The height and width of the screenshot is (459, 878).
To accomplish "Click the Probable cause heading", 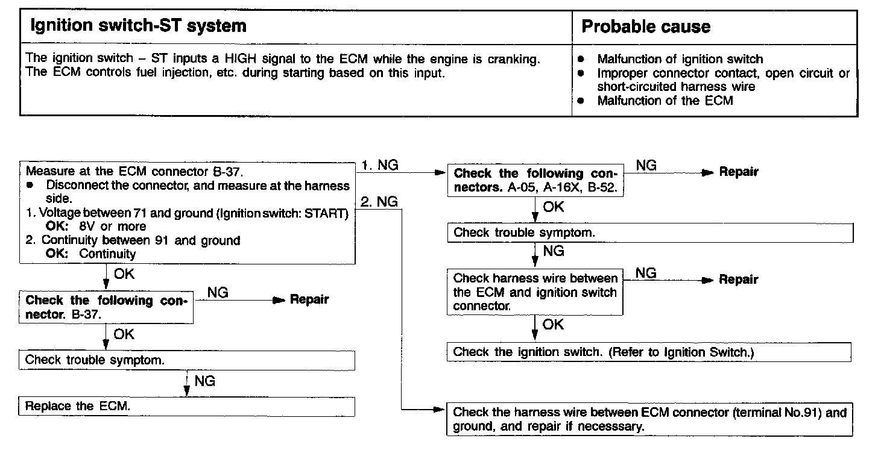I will (x=645, y=27).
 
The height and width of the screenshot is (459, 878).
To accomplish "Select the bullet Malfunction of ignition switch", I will (x=680, y=59).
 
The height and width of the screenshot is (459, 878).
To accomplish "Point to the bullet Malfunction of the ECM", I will (x=665, y=101).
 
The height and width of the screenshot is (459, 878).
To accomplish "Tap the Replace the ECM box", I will (x=186, y=406).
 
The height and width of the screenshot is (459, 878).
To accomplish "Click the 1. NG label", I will (x=381, y=165).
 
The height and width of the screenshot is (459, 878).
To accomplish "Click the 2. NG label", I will (x=381, y=202).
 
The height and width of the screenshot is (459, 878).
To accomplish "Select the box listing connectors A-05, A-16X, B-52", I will (x=535, y=180).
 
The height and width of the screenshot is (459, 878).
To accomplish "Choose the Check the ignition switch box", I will (x=649, y=352).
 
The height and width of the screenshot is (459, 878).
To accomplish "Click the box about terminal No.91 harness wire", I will (x=649, y=419).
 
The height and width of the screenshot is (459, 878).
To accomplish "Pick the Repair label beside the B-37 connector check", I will (x=309, y=299).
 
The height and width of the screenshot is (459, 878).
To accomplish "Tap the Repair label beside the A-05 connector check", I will (x=739, y=172).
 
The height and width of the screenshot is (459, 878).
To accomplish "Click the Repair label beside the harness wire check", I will (x=739, y=279).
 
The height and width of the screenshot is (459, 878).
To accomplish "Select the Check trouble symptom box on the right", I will (x=649, y=233).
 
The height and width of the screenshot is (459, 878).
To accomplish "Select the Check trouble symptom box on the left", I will (x=186, y=360).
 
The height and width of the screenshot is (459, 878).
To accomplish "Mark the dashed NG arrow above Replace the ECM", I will (x=188, y=384).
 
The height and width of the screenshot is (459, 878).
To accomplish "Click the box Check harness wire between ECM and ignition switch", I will (x=535, y=292).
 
